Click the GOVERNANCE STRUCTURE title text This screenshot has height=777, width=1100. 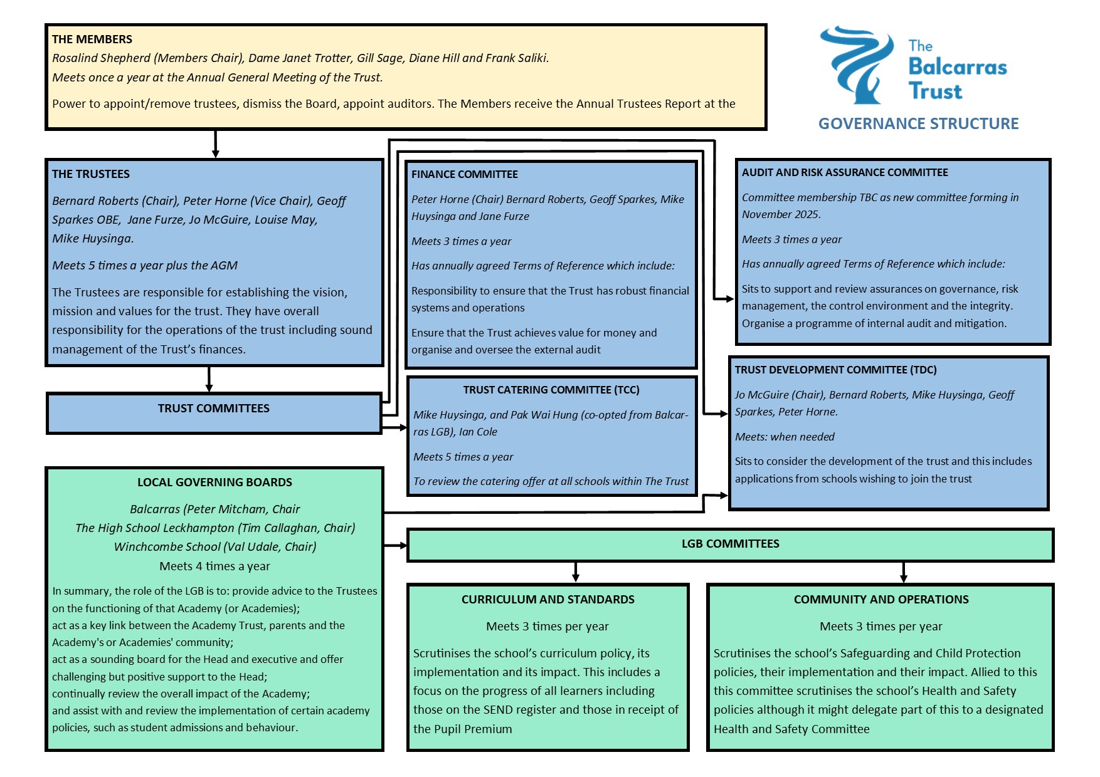click(918, 123)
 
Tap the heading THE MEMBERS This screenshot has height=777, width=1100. click(92, 39)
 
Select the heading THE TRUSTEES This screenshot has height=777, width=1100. click(91, 174)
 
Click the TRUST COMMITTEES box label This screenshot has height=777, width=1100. click(213, 409)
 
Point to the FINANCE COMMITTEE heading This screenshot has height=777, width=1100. click(465, 174)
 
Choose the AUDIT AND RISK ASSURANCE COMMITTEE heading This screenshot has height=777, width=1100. click(845, 172)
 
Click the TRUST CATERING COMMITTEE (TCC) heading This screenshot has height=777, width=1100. click(551, 390)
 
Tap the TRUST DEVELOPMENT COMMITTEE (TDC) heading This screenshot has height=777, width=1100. click(835, 370)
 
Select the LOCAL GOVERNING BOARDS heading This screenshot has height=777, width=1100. click(214, 482)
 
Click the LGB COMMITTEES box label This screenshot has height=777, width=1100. click(730, 544)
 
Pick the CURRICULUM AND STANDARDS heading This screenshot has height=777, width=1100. click(547, 600)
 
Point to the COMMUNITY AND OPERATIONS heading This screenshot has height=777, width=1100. click(881, 600)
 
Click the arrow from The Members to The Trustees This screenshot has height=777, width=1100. click(216, 144)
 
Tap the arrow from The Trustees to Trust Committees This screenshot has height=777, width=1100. click(209, 380)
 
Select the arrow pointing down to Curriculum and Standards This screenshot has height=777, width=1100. click(576, 573)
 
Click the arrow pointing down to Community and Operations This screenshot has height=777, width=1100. click(903, 573)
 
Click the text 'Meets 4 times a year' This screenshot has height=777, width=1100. click(214, 566)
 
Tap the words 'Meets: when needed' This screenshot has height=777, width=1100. click(785, 437)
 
